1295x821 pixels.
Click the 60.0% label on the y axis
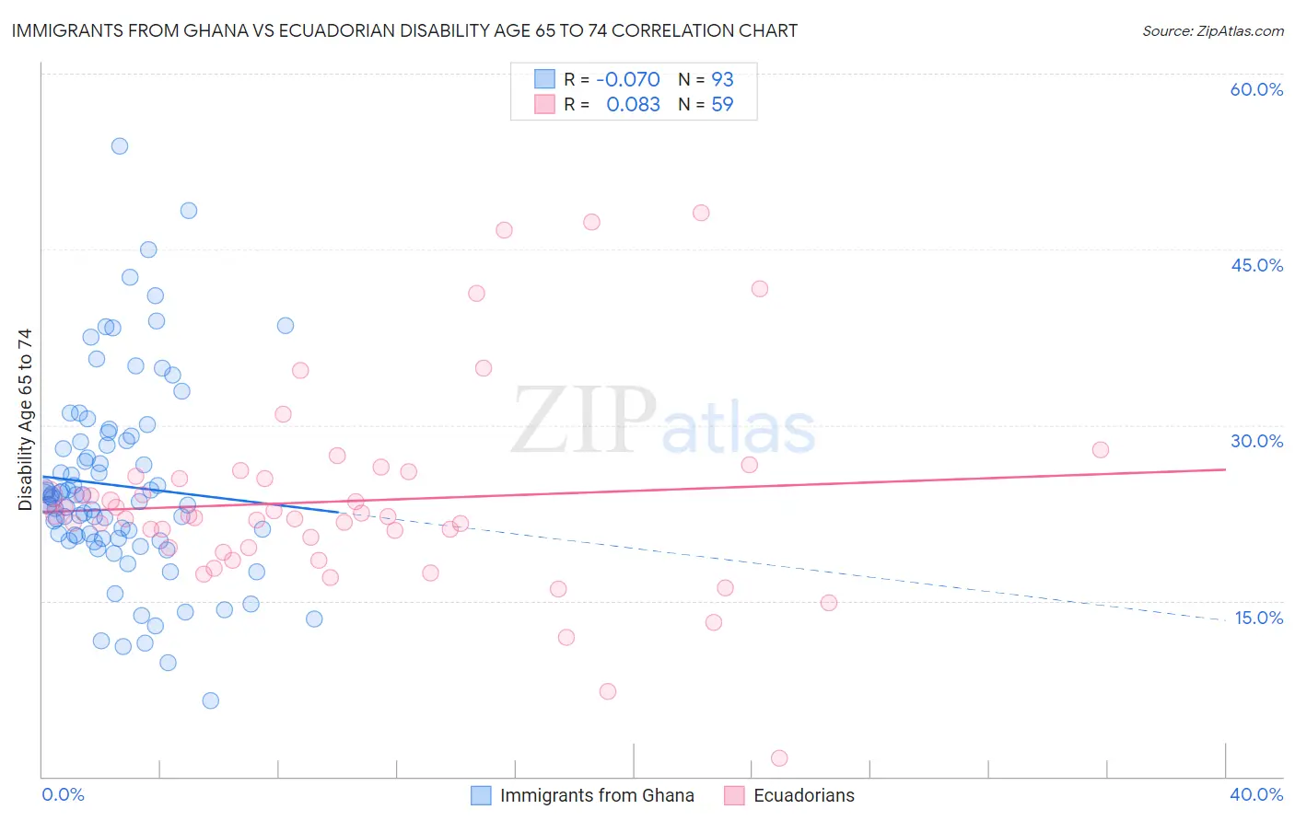pos(1256,89)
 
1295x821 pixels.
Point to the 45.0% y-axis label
pos(1256,265)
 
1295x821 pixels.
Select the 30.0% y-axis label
pos(1256,441)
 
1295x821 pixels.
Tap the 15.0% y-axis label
pos(1258,618)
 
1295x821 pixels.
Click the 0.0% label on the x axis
pos(63,794)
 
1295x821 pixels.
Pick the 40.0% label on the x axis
pos(1256,794)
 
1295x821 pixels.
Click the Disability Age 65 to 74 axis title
pos(25,419)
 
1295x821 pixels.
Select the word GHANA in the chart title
pos(211,30)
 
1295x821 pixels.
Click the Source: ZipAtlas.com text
pos(1212,30)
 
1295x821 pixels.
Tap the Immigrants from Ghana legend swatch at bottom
pos(481,795)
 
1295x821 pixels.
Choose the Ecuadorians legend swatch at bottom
pos(734,795)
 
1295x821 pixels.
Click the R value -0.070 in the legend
pos(627,79)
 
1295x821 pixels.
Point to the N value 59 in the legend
pos(722,105)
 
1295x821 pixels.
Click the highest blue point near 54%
pos(120,146)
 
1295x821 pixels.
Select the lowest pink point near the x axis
pos(779,758)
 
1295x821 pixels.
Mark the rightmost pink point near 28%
pos(1101,450)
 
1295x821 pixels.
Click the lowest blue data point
pos(211,700)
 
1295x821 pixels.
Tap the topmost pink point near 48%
pos(701,213)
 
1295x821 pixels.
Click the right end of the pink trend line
pos(1225,469)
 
